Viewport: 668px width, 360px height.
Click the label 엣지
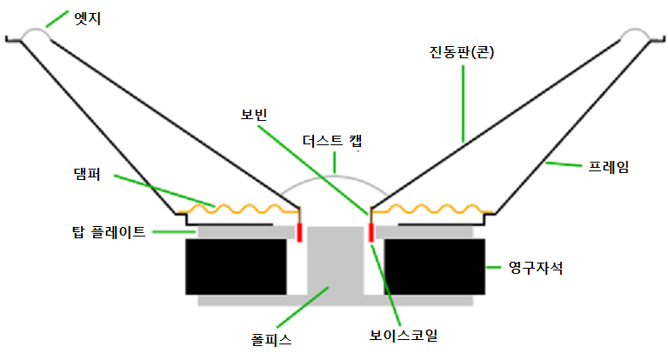point(87,19)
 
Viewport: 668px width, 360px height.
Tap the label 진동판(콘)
point(461,52)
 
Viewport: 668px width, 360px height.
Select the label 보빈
point(253,115)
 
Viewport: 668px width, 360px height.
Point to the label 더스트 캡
point(332,141)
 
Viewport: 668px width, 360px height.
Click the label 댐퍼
point(87,174)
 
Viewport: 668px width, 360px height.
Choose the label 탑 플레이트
point(109,232)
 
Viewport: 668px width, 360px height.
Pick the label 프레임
point(608,167)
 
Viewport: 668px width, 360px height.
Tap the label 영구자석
point(536,268)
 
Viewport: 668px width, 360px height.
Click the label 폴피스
point(271,339)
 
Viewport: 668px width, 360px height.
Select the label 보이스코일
point(403,336)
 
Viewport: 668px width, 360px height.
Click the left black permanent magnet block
point(236,267)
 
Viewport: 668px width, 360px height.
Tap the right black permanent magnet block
point(435,267)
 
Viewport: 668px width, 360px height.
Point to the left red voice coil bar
point(299,233)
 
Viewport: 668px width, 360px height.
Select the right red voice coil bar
point(371,233)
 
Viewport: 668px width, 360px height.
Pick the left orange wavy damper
point(238,209)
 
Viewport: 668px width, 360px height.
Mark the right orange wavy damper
point(432,209)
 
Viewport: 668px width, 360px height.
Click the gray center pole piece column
point(335,261)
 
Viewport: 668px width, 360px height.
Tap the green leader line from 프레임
point(564,164)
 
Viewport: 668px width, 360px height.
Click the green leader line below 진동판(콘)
point(463,103)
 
